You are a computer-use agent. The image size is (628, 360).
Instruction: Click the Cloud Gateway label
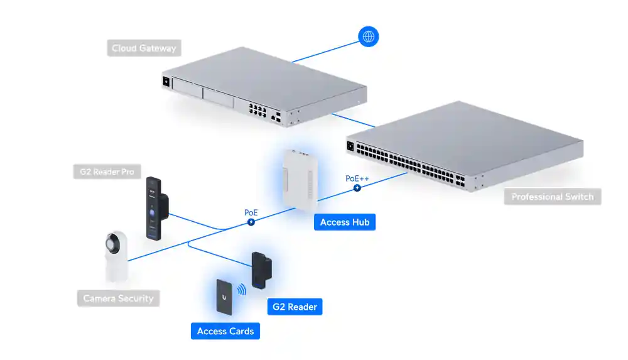144,48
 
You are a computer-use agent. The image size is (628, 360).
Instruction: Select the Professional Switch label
552,197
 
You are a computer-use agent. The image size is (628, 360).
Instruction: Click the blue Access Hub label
344,222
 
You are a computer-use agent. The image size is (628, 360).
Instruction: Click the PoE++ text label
357,178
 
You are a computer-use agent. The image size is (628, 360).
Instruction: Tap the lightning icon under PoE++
357,188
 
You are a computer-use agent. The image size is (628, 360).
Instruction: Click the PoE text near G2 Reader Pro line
251,212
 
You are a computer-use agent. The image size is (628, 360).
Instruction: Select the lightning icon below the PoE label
251,222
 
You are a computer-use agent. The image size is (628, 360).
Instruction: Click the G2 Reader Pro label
107,172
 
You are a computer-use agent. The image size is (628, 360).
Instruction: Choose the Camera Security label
118,298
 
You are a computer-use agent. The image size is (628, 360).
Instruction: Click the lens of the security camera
113,244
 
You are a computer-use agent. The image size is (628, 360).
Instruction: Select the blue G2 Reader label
295,307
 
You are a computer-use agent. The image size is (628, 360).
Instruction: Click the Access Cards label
225,331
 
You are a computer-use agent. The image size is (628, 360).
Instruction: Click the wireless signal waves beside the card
242,291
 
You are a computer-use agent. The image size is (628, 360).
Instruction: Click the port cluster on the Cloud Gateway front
258,112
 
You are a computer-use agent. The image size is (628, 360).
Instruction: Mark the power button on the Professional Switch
350,147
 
